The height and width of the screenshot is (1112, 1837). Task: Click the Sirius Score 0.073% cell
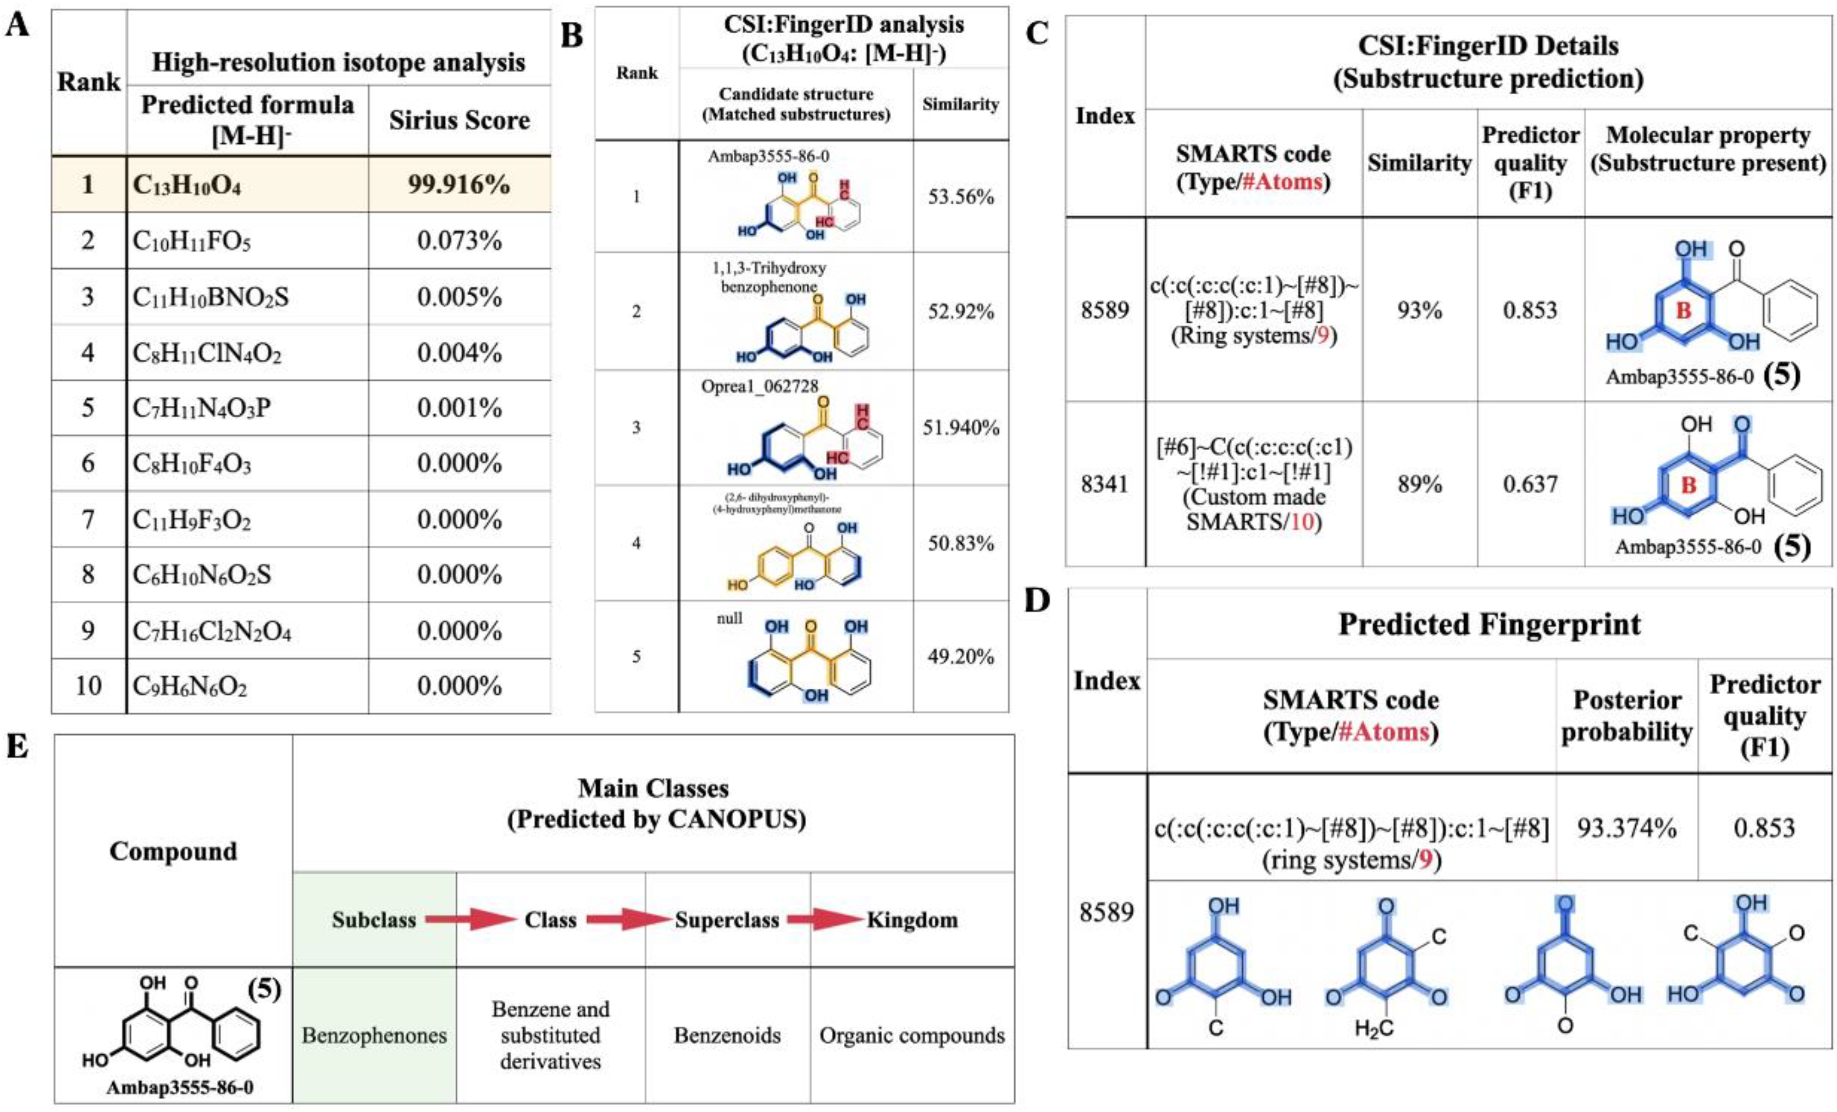tap(458, 241)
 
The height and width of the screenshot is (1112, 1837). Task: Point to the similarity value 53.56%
tap(960, 198)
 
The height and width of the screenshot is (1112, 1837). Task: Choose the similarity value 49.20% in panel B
tap(960, 657)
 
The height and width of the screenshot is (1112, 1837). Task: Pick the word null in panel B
tap(729, 618)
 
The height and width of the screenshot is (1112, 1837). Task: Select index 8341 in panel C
tap(1105, 484)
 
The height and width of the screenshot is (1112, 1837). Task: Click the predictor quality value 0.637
tap(1530, 484)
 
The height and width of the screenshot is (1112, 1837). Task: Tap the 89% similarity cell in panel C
tap(1419, 484)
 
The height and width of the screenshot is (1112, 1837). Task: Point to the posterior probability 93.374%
tap(1626, 828)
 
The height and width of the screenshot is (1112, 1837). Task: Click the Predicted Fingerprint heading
tap(1489, 624)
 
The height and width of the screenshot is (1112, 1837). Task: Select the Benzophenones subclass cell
tap(374, 1035)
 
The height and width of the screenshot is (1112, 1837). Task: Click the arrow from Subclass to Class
tap(471, 920)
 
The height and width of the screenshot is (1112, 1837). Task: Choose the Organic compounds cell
tap(912, 1035)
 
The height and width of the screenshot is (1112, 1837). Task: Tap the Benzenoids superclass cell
tap(727, 1035)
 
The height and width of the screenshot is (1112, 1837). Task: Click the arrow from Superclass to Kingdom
tap(824, 920)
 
